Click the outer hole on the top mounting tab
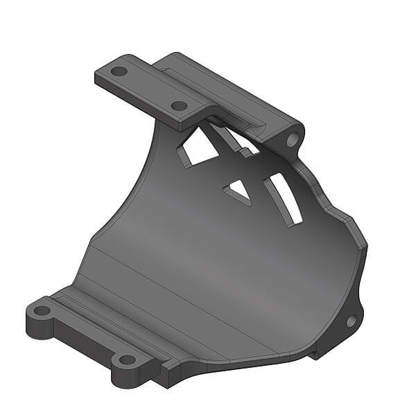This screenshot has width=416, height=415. point(119,71)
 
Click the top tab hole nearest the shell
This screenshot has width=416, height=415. point(179,106)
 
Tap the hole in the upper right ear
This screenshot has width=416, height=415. point(292,139)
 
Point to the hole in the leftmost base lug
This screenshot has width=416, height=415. point(42,310)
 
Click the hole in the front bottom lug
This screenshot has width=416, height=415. point(126,360)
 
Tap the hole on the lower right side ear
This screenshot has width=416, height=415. point(351,320)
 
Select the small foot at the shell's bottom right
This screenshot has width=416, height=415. point(315,353)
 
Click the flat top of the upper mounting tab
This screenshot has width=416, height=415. point(149,87)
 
